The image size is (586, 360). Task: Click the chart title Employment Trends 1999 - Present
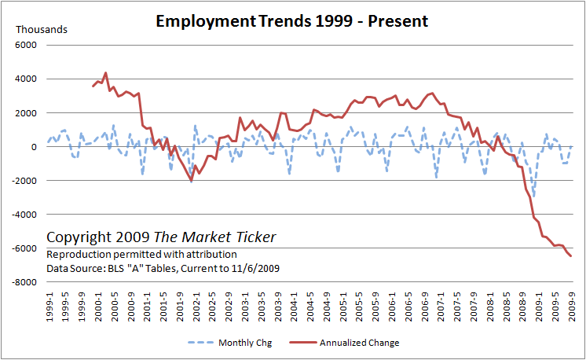(292, 21)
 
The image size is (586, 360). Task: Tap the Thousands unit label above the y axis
(42, 29)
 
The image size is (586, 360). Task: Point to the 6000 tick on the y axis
(27, 46)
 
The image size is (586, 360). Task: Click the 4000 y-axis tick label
(27, 79)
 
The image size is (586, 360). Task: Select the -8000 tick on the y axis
(25, 283)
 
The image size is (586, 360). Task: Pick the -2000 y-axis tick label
(25, 181)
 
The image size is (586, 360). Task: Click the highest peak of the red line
(105, 73)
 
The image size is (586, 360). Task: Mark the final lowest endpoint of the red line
(571, 256)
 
